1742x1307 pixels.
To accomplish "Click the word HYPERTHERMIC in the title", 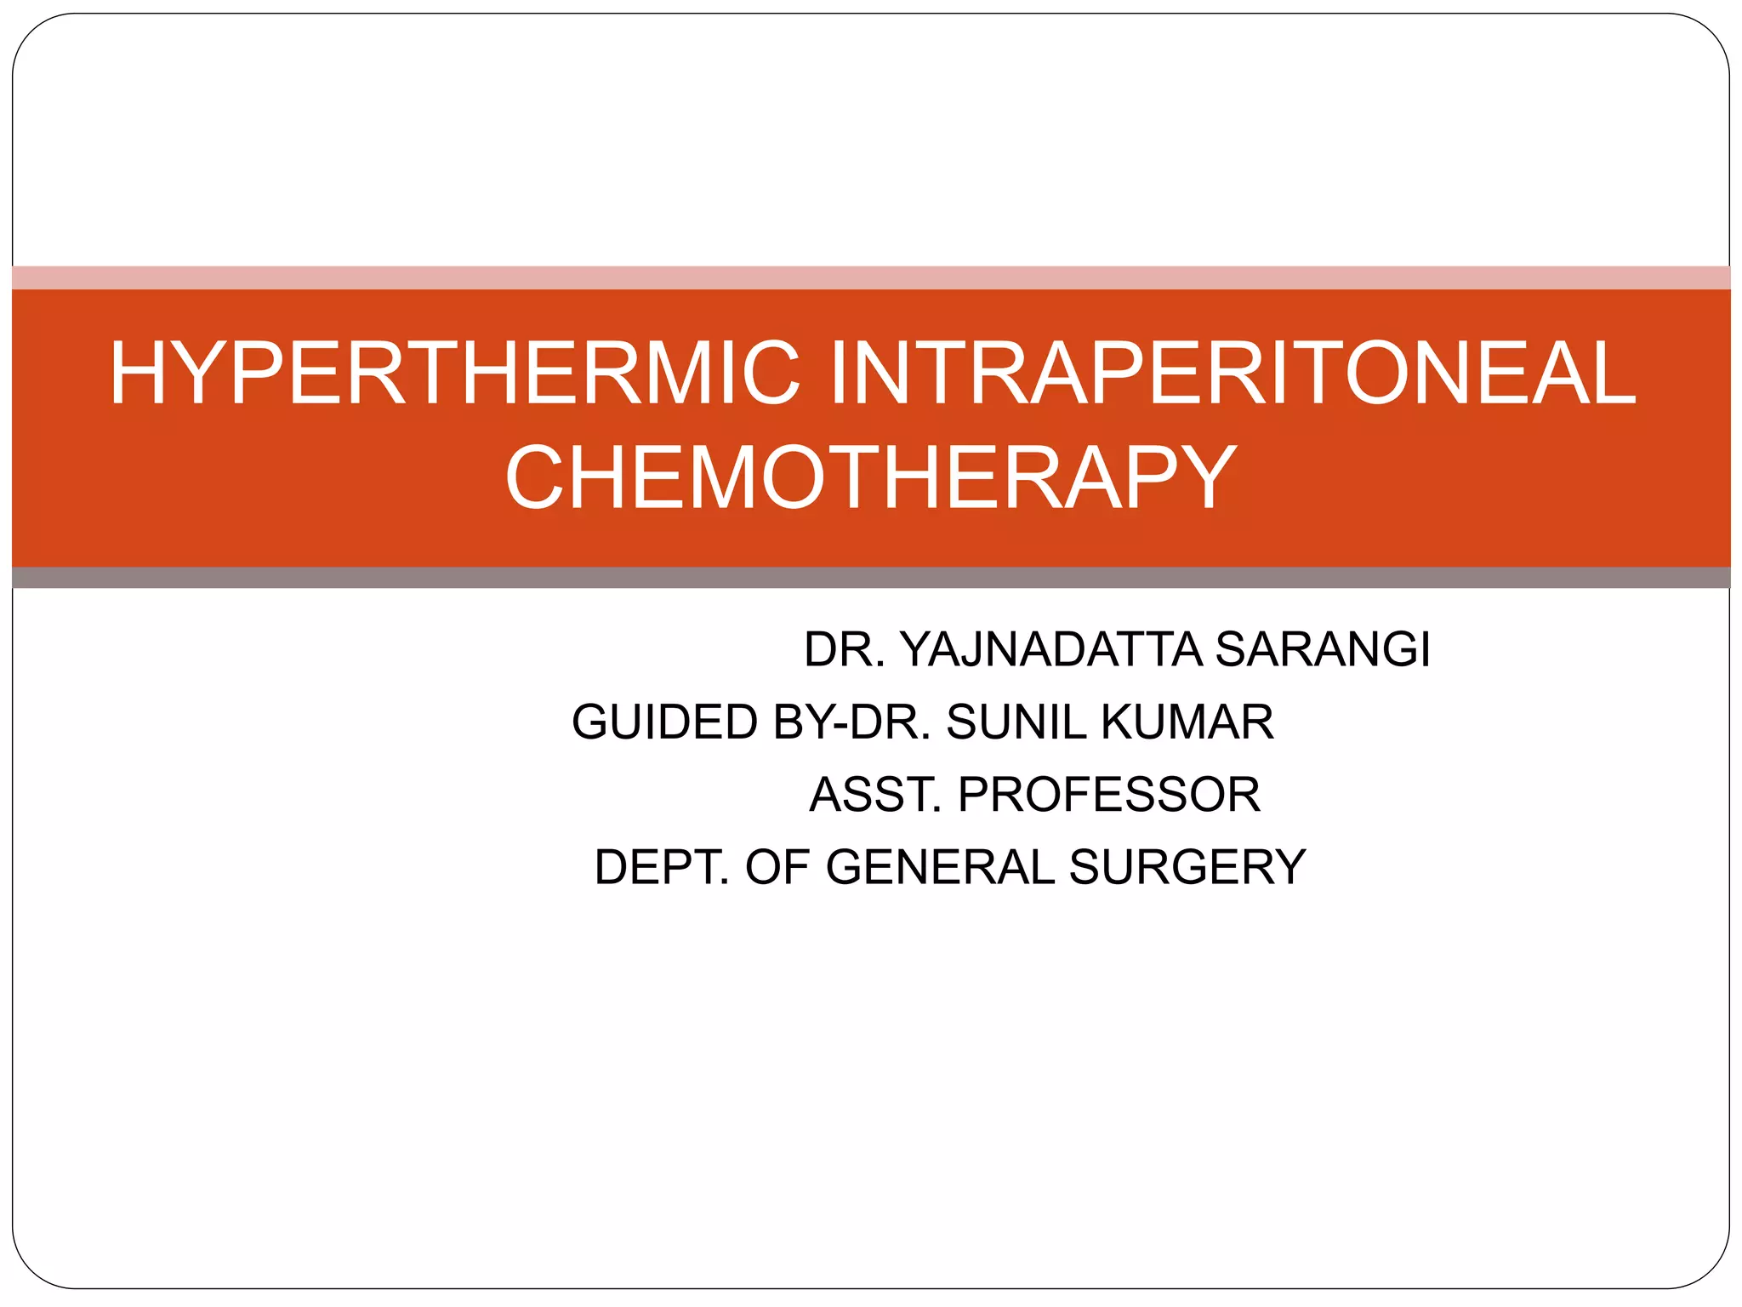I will pyautogui.click(x=455, y=373).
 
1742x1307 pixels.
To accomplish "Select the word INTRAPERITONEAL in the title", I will pyautogui.click(x=1232, y=373).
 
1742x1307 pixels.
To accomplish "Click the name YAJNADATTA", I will pyautogui.click(x=1050, y=650).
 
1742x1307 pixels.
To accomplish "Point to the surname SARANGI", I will pyautogui.click(x=1323, y=650).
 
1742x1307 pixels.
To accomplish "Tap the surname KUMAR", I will pyautogui.click(x=1187, y=722).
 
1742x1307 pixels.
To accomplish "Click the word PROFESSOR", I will pyautogui.click(x=1109, y=795).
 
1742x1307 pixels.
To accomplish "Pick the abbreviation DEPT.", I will pyautogui.click(x=662, y=867).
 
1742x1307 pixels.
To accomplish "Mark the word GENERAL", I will pyautogui.click(x=940, y=867).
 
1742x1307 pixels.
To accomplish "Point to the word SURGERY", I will pyautogui.click(x=1187, y=867).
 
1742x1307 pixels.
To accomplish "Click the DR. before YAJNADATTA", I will pyautogui.click(x=845, y=650).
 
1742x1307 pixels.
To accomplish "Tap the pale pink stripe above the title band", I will pyautogui.click(x=870, y=277).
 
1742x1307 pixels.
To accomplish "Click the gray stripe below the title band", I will pyautogui.click(x=870, y=578).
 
